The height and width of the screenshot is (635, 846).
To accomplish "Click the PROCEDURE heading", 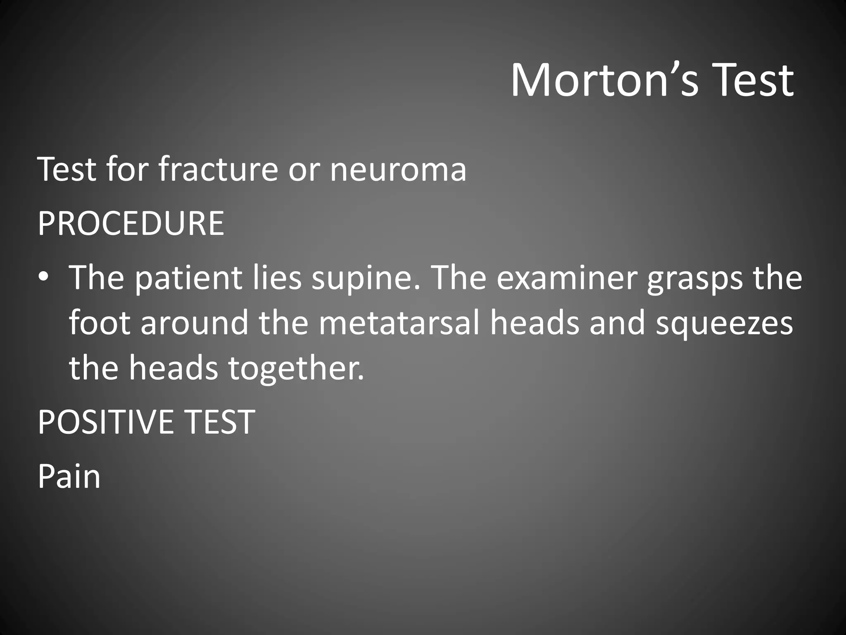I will [131, 224].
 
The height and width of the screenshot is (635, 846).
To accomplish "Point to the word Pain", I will [69, 477].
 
